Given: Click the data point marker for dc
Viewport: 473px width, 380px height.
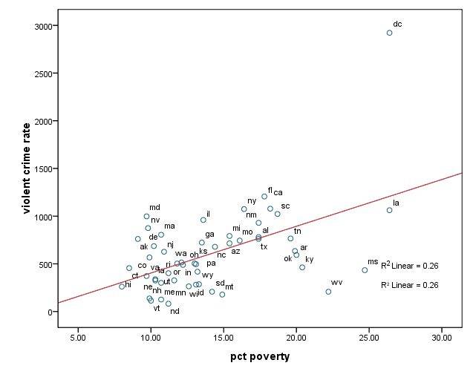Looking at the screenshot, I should pyautogui.click(x=389, y=33).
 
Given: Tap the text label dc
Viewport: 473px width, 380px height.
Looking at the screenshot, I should pyautogui.click(x=397, y=24).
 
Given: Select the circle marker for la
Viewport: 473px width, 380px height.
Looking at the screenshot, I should pyautogui.click(x=389, y=210).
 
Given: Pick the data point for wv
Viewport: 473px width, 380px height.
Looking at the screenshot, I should pyautogui.click(x=328, y=292).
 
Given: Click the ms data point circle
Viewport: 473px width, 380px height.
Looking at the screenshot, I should pyautogui.click(x=365, y=270).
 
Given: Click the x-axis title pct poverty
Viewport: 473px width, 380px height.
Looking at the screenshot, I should pyautogui.click(x=259, y=357).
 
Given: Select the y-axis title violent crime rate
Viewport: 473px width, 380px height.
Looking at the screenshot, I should pyautogui.click(x=27, y=169).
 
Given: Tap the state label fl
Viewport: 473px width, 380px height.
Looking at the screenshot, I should pyautogui.click(x=270, y=191).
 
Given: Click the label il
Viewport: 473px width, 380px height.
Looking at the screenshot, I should pyautogui.click(x=208, y=214).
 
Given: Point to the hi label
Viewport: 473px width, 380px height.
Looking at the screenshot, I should pyautogui.click(x=128, y=284).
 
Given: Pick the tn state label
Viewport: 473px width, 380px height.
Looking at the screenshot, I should pyautogui.click(x=297, y=231).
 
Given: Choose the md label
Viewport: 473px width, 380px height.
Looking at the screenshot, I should pyautogui.click(x=154, y=208).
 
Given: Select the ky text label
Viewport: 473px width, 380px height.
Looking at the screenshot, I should pyautogui.click(x=309, y=259).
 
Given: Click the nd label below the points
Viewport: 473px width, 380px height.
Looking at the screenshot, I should pyautogui.click(x=174, y=311).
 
